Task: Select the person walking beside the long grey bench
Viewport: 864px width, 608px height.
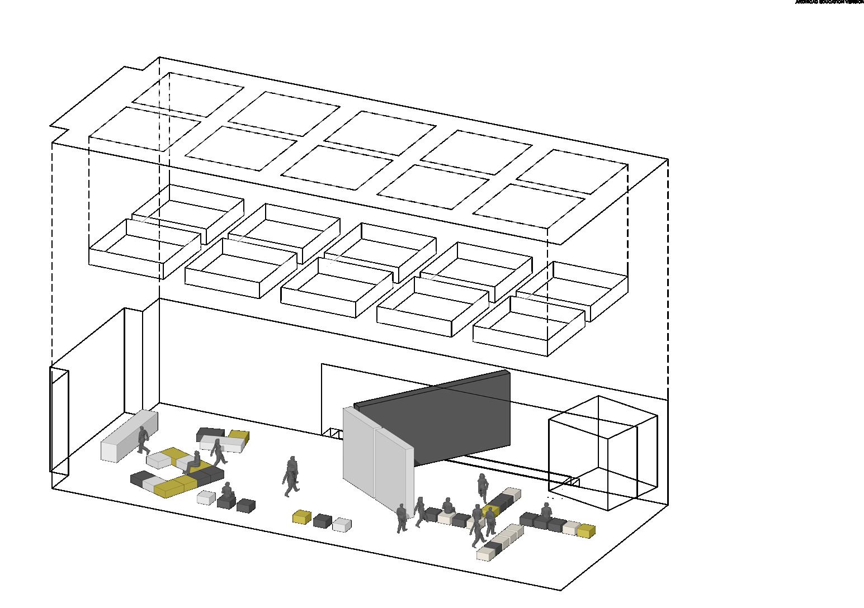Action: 143,440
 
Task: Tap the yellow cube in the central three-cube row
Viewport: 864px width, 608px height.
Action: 302,517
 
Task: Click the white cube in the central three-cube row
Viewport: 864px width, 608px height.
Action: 342,525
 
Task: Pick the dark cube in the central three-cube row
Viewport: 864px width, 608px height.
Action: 322,521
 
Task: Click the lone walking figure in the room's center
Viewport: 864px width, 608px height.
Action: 291,476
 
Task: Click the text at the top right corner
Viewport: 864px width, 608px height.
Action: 829,2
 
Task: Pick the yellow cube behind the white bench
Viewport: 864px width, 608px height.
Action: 239,435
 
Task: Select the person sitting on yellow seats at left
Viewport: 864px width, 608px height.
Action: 194,462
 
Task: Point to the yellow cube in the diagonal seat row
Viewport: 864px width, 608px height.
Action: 490,510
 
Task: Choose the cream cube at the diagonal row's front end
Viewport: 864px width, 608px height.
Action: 485,553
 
